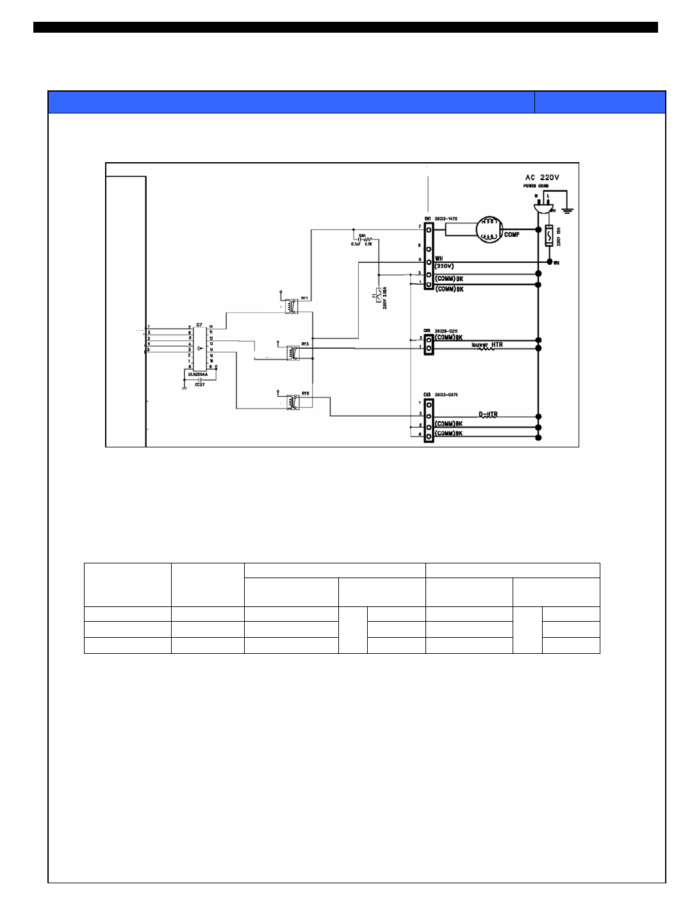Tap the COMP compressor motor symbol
(491, 231)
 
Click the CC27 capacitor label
(199, 385)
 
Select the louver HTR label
(487, 345)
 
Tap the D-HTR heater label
(488, 415)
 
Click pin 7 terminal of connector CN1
(428, 227)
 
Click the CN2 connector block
(428, 343)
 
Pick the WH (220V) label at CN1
(444, 262)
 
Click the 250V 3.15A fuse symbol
(379, 295)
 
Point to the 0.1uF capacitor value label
(356, 244)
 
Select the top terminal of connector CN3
(428, 403)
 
